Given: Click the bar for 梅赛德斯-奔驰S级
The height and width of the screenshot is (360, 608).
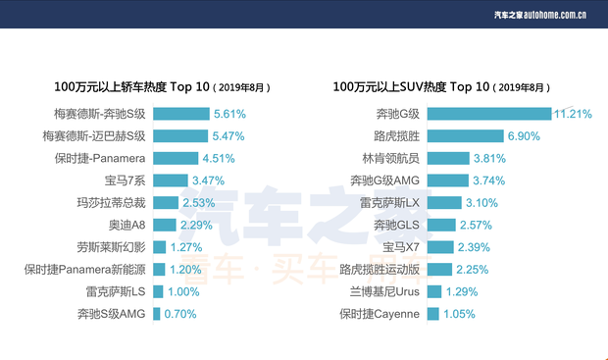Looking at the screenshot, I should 181,114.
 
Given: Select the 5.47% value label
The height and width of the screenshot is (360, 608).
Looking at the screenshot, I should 228,136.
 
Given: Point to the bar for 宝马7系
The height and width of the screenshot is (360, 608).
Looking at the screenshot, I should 170,180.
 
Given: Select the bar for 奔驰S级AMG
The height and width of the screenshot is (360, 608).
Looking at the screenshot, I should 157,314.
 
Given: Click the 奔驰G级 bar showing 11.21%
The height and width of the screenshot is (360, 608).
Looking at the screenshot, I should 489,114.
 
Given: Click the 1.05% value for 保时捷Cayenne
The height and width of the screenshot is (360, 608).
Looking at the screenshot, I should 459,314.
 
